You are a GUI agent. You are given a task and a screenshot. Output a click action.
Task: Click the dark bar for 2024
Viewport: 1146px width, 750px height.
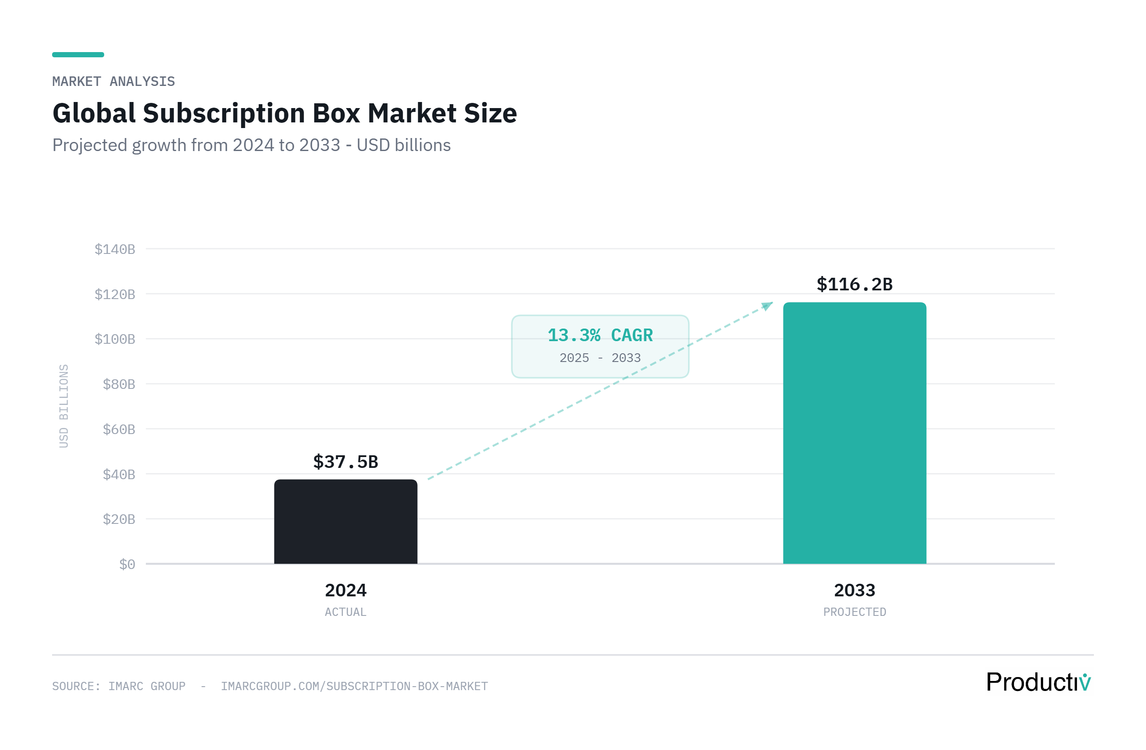click(346, 522)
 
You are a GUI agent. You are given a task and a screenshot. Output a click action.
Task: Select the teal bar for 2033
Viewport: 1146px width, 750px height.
click(854, 433)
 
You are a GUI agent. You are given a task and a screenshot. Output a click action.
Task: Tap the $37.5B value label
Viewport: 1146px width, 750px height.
click(346, 462)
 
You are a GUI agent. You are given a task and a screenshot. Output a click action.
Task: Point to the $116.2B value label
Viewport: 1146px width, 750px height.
click(854, 284)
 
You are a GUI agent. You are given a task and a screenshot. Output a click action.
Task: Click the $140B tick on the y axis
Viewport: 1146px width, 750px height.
click(115, 250)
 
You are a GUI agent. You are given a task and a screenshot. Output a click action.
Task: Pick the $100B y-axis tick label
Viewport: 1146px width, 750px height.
click(115, 339)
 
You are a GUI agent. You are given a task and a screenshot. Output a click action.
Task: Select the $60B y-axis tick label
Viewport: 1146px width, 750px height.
click(119, 429)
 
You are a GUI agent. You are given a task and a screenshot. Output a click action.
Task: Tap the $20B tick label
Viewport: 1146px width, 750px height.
click(119, 520)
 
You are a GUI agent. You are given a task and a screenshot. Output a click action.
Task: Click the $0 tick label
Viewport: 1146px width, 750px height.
click(127, 564)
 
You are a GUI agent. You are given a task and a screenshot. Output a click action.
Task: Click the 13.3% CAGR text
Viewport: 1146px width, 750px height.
click(600, 336)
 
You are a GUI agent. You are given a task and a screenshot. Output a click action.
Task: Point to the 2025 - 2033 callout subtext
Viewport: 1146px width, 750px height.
click(600, 358)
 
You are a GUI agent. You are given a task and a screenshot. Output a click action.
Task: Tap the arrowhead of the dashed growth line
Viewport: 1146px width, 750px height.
click(767, 306)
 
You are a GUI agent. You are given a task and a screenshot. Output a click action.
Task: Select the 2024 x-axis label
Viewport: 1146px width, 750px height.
click(346, 591)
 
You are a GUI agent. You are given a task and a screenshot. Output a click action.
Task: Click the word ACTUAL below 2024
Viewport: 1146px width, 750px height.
click(346, 612)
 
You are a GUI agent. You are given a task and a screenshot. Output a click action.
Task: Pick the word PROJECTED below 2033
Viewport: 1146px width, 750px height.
click(854, 612)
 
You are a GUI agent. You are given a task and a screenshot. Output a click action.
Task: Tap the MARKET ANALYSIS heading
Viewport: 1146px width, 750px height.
click(114, 81)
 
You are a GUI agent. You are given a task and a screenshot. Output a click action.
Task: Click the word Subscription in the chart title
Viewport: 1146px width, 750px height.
click(224, 114)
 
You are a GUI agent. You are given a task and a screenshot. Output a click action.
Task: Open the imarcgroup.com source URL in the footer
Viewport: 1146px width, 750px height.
click(354, 687)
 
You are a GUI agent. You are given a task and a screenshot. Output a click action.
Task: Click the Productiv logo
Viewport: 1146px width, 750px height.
click(1038, 683)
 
